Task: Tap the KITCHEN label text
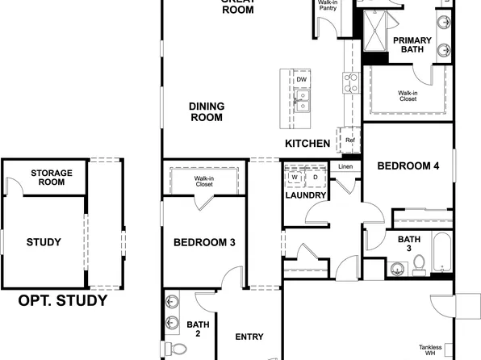point(307,144)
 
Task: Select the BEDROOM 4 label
point(408,166)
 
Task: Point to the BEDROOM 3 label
point(205,241)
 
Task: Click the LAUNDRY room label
point(306,195)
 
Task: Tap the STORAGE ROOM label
point(52,177)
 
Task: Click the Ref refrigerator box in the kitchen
point(349,140)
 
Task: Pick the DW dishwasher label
point(301,80)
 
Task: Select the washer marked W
point(295,177)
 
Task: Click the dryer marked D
point(316,177)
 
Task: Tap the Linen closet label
point(345,167)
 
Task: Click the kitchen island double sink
point(302,101)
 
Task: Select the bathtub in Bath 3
point(442,253)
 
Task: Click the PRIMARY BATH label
point(412,44)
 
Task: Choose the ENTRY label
point(249,337)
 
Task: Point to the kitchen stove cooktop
point(351,80)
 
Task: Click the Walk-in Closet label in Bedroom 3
point(203,181)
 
